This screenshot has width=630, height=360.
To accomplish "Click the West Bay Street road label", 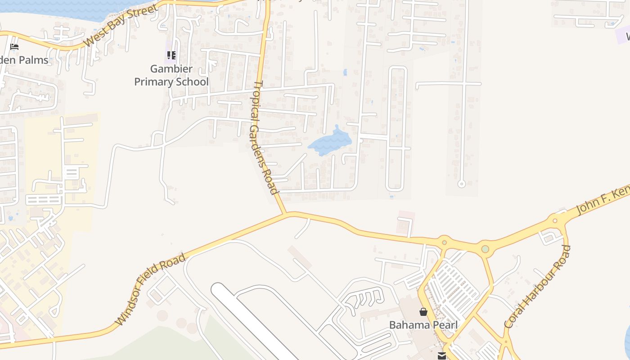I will (121, 26).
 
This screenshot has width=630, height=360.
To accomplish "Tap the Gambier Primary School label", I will (171, 76).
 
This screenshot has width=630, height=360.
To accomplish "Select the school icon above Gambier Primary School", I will (171, 55).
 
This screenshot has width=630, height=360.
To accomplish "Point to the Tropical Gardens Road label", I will (264, 137).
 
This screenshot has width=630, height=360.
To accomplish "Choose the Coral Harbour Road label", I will (537, 287).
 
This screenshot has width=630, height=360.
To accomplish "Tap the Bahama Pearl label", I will (423, 325).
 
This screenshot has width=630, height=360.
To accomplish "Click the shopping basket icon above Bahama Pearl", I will (423, 311).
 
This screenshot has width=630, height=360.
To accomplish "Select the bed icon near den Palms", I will (14, 46).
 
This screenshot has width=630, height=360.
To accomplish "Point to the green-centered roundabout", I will (485, 249).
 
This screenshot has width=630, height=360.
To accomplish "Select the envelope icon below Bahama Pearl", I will (441, 355).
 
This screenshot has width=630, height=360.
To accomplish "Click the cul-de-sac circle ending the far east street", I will (461, 184).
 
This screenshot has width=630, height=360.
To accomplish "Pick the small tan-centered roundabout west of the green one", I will (444, 243).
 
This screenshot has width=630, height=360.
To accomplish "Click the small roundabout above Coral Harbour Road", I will (555, 220).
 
